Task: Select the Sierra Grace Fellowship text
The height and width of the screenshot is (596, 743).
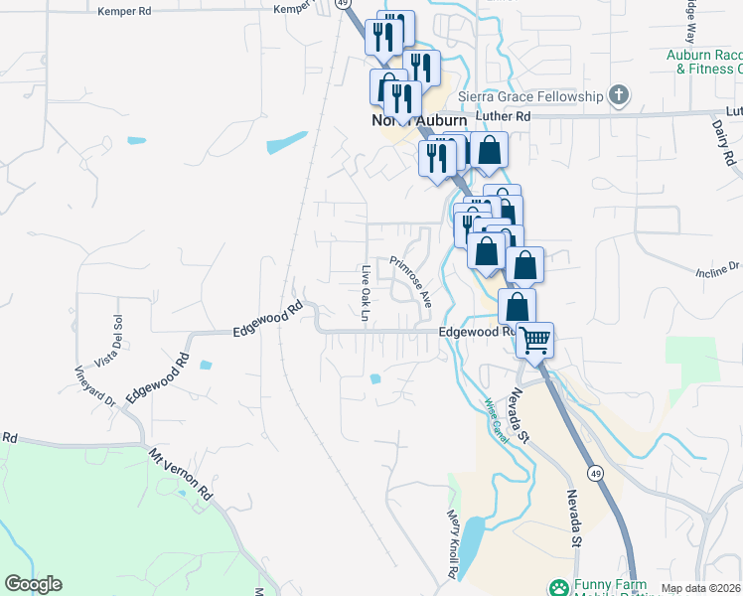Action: pos(531,96)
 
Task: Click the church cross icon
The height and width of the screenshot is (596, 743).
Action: pos(619,96)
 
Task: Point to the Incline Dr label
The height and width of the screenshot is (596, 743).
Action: pos(718,267)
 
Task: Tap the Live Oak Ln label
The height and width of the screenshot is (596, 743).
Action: pos(366,294)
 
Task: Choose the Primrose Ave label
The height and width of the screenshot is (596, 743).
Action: pos(410,281)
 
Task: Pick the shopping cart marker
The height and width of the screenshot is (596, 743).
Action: pos(534,341)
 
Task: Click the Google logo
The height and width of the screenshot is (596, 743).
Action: pos(33,584)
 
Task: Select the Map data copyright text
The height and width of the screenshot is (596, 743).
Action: pos(700,588)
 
